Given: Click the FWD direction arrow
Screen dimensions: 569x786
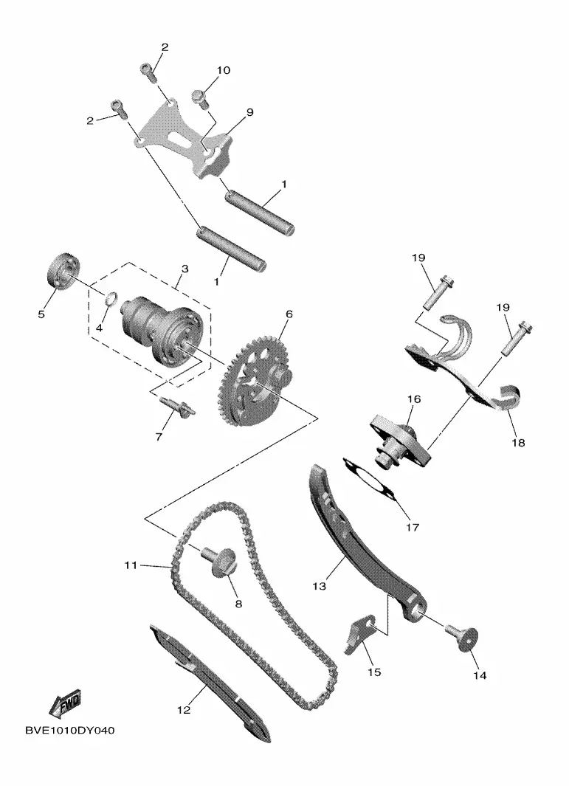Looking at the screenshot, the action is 64,704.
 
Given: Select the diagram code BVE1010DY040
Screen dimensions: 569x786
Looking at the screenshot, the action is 69,731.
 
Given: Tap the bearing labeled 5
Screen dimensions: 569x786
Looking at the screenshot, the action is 62,272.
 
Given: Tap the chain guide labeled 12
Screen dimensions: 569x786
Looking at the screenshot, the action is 210,682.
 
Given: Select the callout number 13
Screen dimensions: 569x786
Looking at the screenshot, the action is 319,585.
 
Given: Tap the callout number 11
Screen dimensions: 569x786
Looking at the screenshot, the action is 131,565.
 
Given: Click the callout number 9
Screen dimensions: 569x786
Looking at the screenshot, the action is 249,112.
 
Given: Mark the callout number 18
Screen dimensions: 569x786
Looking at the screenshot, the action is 518,443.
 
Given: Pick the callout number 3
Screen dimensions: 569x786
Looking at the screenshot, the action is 185,269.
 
